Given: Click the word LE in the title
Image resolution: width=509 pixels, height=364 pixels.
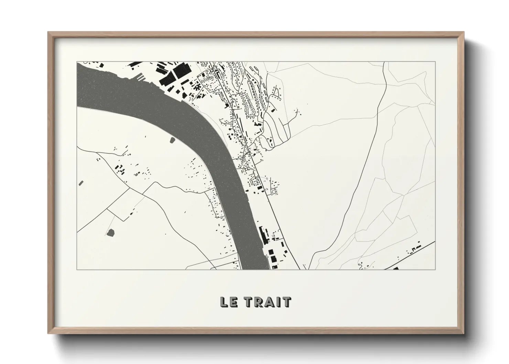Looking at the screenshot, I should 228,302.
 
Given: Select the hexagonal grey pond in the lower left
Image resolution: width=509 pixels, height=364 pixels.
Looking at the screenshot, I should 110,233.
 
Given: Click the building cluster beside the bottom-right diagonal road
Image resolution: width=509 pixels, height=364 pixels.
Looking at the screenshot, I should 414,248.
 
